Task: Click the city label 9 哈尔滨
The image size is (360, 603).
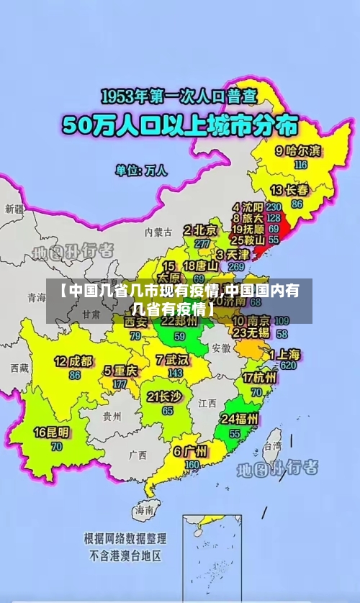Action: [298, 151]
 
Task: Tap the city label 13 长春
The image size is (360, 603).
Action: [289, 191]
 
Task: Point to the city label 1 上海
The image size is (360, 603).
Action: [285, 355]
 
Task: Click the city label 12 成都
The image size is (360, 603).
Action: [73, 361]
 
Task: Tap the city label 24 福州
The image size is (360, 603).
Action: [240, 419]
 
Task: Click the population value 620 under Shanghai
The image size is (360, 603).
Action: [289, 366]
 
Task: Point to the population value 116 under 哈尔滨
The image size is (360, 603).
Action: [300, 164]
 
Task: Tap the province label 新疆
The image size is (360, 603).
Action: [14, 209]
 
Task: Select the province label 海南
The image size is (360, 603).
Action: [144, 509]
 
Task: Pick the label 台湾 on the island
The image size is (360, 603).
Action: [272, 446]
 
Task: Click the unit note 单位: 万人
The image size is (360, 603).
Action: [141, 171]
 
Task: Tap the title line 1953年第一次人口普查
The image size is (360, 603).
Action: [178, 96]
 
